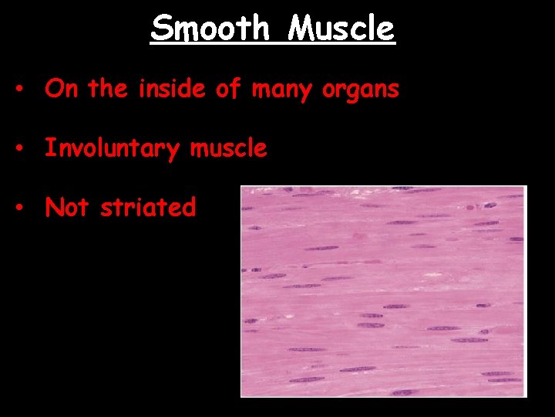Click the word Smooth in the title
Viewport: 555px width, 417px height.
[x=210, y=29]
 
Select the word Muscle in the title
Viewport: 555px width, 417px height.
[x=341, y=29]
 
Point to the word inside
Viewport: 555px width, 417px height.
[x=170, y=89]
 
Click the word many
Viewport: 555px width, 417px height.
[x=279, y=90]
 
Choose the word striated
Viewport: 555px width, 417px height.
[x=148, y=207]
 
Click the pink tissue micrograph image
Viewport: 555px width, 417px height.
[x=383, y=290]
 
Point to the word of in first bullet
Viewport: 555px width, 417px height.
[x=227, y=89]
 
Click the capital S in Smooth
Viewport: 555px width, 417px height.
[x=160, y=29]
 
